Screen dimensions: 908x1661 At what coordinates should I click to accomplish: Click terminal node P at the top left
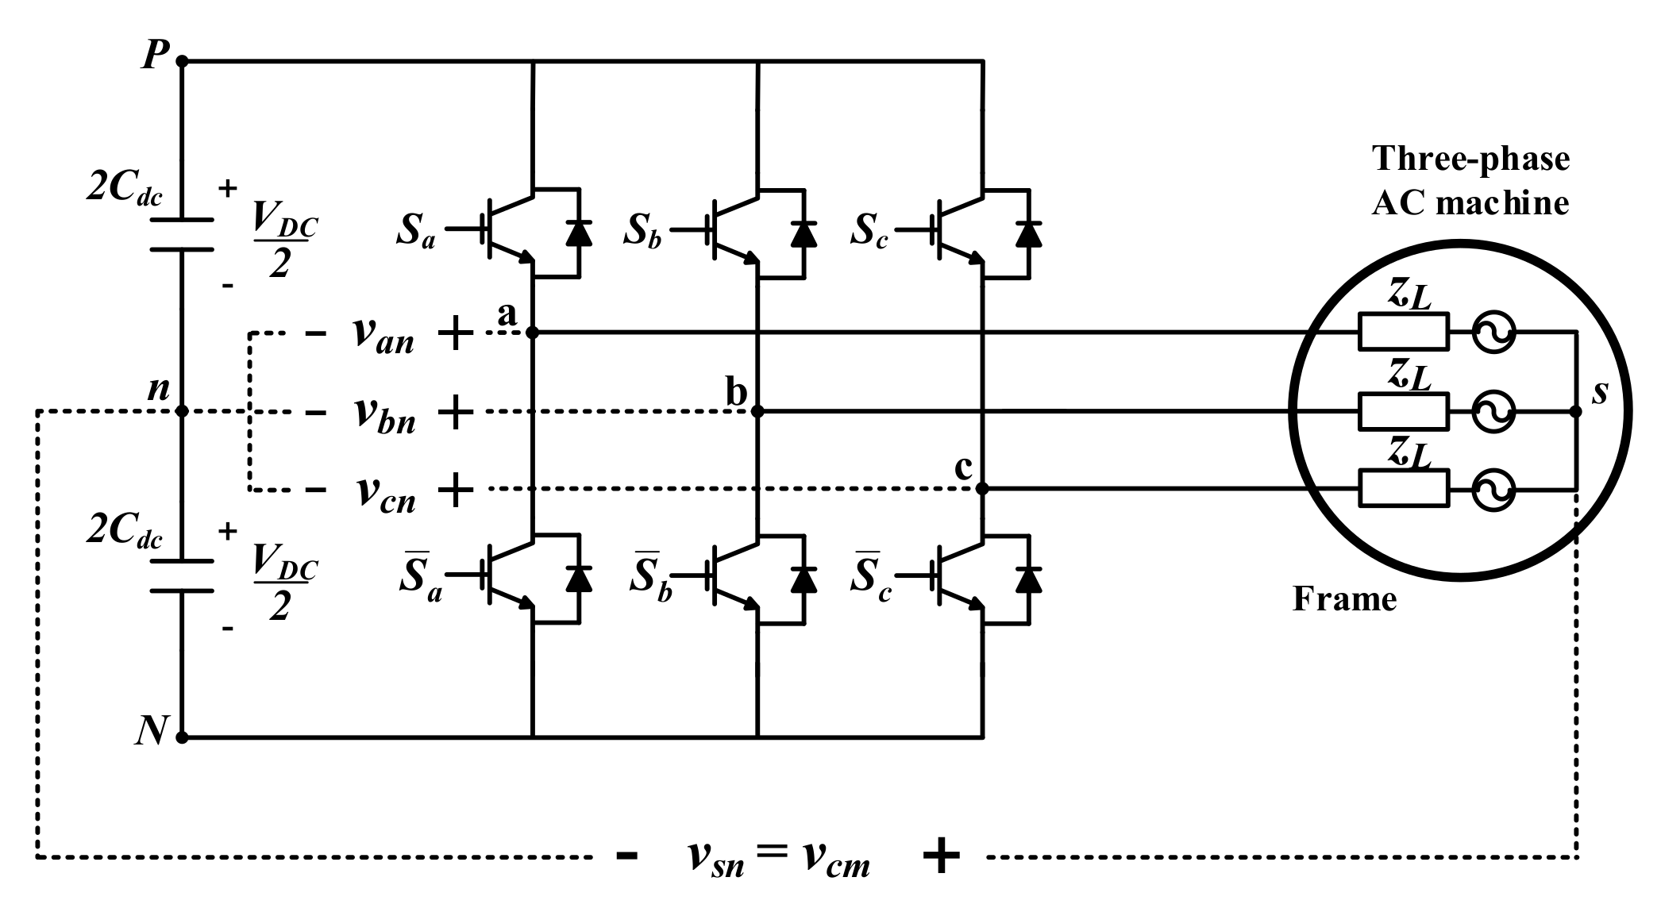pyautogui.click(x=182, y=60)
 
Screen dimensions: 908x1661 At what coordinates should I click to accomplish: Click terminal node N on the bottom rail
pyautogui.click(x=182, y=737)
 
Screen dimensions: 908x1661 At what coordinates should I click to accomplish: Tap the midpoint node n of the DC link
pyautogui.click(x=182, y=411)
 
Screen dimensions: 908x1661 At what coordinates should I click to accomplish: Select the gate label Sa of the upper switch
pyautogui.click(x=416, y=231)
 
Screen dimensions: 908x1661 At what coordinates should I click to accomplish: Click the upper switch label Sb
pyautogui.click(x=642, y=231)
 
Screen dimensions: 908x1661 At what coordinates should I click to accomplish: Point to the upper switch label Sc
pyautogui.click(x=869, y=231)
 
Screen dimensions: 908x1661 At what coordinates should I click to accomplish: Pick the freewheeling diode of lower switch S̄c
pyautogui.click(x=1029, y=579)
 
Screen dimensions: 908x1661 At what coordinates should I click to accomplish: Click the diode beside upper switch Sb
pyautogui.click(x=804, y=234)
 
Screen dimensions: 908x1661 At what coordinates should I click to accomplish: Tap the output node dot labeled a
pyautogui.click(x=533, y=333)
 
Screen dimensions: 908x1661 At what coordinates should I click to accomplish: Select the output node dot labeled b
pyautogui.click(x=757, y=411)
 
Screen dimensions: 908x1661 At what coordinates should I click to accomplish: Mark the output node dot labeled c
pyautogui.click(x=982, y=489)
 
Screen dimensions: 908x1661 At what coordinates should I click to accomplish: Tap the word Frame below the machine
pyautogui.click(x=1344, y=598)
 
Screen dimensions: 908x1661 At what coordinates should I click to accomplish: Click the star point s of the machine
pyautogui.click(x=1577, y=411)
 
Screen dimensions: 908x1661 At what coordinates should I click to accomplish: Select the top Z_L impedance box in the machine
pyautogui.click(x=1403, y=332)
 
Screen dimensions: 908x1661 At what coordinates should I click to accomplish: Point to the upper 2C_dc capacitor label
pyautogui.click(x=123, y=191)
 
